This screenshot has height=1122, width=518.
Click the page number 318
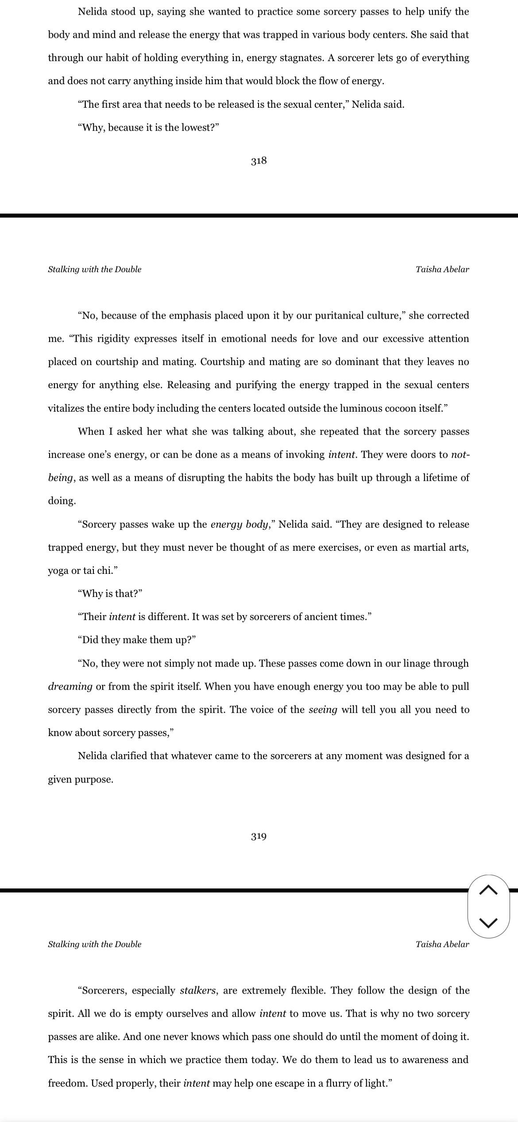pos(259,161)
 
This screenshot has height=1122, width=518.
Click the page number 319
pos(259,836)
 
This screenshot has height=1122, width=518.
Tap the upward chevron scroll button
pos(488,889)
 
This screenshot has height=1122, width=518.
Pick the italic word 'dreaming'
pos(70,687)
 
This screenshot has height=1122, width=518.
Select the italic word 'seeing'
pos(323,710)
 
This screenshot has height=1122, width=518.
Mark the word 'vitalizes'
pos(66,408)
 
